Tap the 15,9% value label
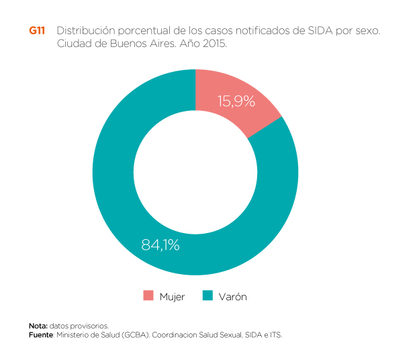(236, 101)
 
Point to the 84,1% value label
(160, 245)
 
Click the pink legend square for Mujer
(148, 296)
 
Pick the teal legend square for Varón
(208, 296)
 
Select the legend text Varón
(232, 297)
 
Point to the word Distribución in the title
(85, 32)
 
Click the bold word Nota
(38, 326)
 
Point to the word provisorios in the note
(92, 326)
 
